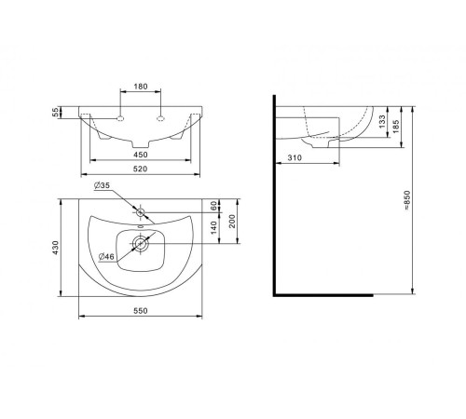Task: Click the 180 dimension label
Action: [141, 87]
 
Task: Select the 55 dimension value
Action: [55, 112]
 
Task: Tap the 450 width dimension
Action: [141, 155]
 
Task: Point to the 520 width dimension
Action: [141, 169]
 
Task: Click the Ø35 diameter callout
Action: [102, 185]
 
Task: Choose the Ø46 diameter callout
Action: [106, 257]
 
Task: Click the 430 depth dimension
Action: [55, 248]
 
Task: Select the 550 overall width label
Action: [141, 311]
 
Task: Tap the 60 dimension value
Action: [213, 206]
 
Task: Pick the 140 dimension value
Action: [213, 227]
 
